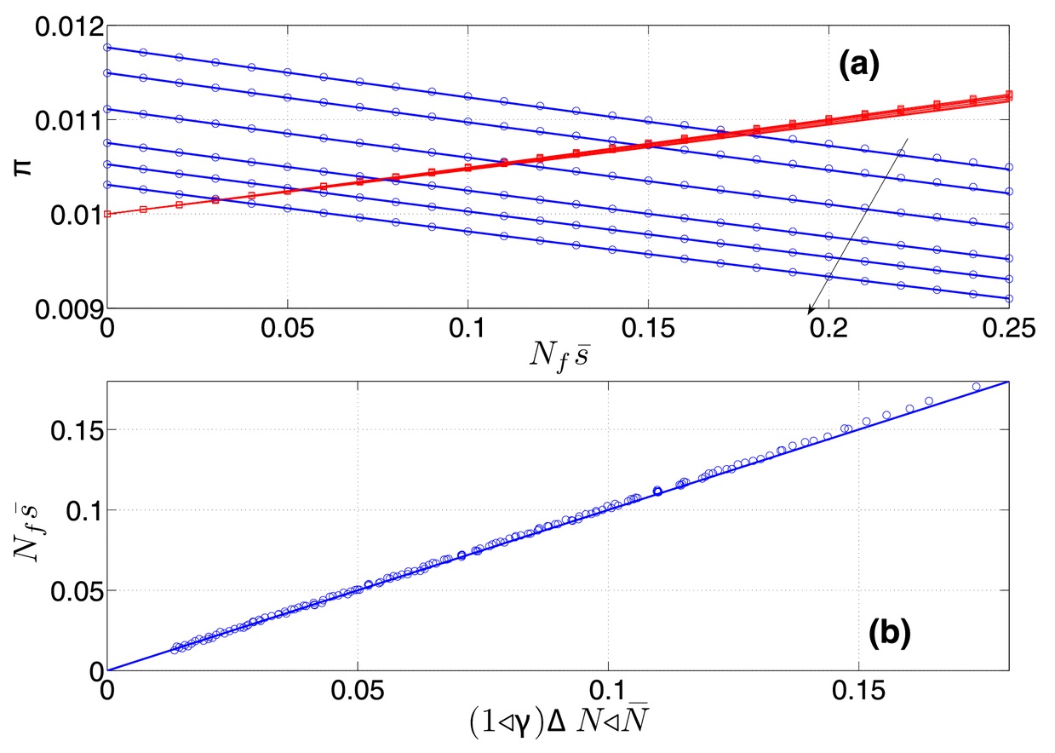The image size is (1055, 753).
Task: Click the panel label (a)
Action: pos(858,66)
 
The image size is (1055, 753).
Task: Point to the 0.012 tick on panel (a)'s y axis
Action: pos(69,27)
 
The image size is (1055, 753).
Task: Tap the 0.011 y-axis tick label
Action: pos(69,121)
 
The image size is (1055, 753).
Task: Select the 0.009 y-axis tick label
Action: pos(69,309)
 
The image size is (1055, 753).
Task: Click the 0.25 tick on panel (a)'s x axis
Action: pos(1008,329)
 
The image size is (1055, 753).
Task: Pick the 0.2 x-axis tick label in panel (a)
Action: pos(829,329)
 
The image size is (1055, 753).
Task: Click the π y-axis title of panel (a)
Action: pos(23,167)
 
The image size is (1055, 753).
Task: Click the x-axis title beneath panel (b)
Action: pos(559,721)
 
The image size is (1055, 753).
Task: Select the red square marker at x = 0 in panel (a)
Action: pos(107,214)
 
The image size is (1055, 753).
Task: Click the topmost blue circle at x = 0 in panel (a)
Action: pos(107,48)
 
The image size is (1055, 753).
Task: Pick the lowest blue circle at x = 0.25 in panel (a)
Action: pos(1009,298)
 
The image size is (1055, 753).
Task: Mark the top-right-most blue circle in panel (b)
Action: pos(977,387)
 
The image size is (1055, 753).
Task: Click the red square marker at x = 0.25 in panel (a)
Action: pos(1009,95)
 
